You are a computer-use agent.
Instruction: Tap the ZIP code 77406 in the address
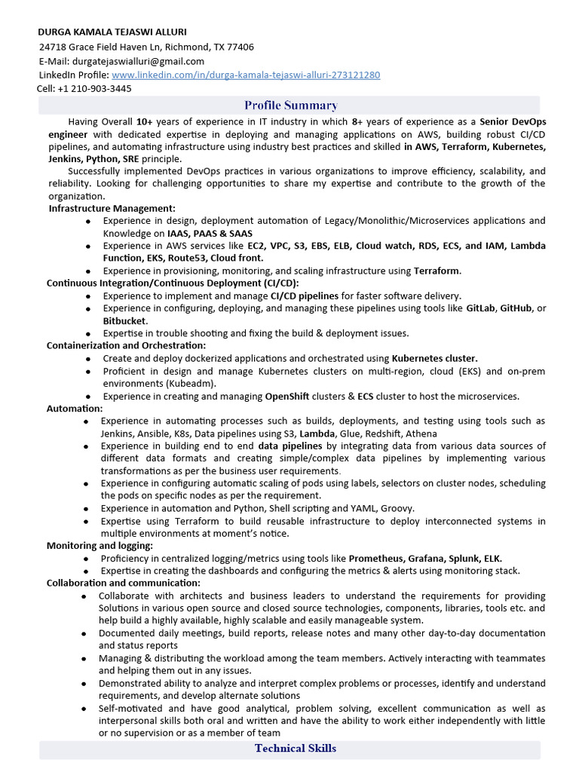click(x=240, y=47)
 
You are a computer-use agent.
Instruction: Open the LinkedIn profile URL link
click(x=246, y=75)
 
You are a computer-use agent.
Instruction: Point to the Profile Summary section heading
click(x=290, y=106)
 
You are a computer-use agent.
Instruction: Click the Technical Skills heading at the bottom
click(x=295, y=749)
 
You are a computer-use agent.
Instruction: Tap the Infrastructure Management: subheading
click(x=112, y=208)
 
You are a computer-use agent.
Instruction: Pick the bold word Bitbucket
click(x=125, y=320)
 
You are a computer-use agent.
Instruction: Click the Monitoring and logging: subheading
click(x=100, y=546)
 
